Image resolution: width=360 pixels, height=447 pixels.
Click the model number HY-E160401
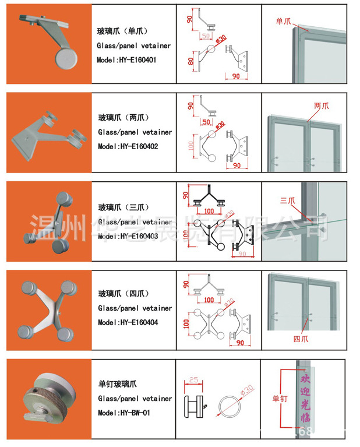[135, 59]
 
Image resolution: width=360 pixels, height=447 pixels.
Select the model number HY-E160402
[135, 146]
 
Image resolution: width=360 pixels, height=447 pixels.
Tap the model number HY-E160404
[135, 322]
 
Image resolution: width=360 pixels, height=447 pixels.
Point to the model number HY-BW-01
[130, 413]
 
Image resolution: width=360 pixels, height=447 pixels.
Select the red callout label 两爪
[321, 107]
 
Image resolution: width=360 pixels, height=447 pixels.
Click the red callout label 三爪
[288, 200]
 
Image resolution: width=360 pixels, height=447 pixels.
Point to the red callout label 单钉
[280, 399]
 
